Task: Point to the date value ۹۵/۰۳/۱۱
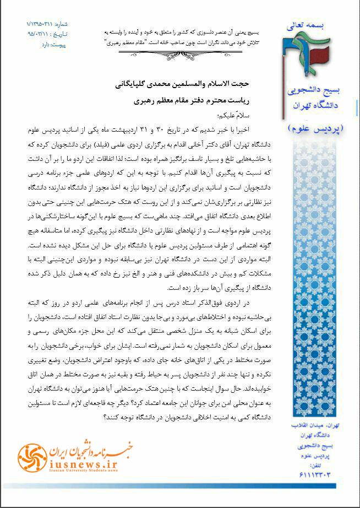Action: coord(40,33)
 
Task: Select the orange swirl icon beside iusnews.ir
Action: coord(29,456)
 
